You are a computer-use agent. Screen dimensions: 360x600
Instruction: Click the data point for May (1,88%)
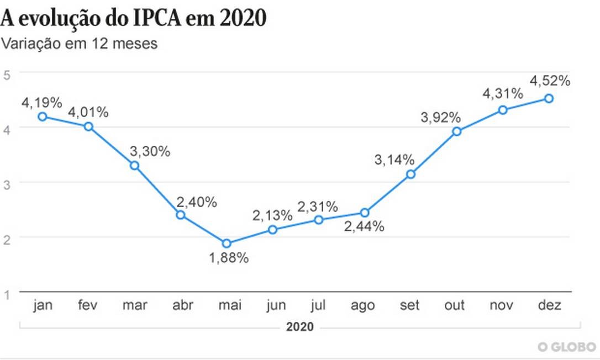click(226, 243)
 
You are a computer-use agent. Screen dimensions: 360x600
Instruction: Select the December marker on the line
click(549, 98)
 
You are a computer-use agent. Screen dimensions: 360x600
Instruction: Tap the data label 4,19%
click(42, 102)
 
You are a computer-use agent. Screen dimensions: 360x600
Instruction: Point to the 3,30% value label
click(150, 151)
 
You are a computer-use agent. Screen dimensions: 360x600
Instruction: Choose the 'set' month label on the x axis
click(410, 306)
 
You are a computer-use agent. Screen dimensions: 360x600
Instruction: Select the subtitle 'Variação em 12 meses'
click(79, 44)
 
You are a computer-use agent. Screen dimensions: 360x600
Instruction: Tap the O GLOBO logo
click(567, 347)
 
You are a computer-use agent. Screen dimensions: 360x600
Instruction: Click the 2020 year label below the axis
click(299, 327)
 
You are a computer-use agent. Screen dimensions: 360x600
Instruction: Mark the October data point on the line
click(456, 131)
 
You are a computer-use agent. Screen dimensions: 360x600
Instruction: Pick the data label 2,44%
click(364, 226)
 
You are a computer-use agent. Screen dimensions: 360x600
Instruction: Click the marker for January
click(42, 117)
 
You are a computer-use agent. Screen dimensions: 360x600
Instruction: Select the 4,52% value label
click(550, 81)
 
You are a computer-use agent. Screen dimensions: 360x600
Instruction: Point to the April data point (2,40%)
click(180, 215)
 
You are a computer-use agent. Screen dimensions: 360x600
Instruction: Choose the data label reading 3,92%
click(440, 117)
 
